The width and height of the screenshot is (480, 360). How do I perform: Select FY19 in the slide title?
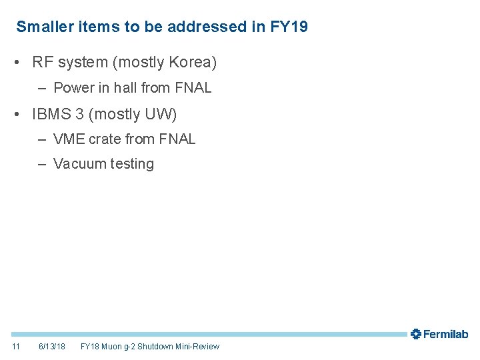pos(289,27)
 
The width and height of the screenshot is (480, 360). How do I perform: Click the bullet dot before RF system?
pos(23,63)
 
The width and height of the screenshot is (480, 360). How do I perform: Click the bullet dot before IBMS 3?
pos(23,115)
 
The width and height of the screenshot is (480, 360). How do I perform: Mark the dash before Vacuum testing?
pos(42,164)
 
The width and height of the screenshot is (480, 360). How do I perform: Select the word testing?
pos(131,164)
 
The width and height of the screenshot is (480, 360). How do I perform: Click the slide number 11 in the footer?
pos(16,347)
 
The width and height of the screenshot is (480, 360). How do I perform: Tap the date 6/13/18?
pos(52,347)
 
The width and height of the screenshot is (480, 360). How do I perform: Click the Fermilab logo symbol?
pos(416,334)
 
